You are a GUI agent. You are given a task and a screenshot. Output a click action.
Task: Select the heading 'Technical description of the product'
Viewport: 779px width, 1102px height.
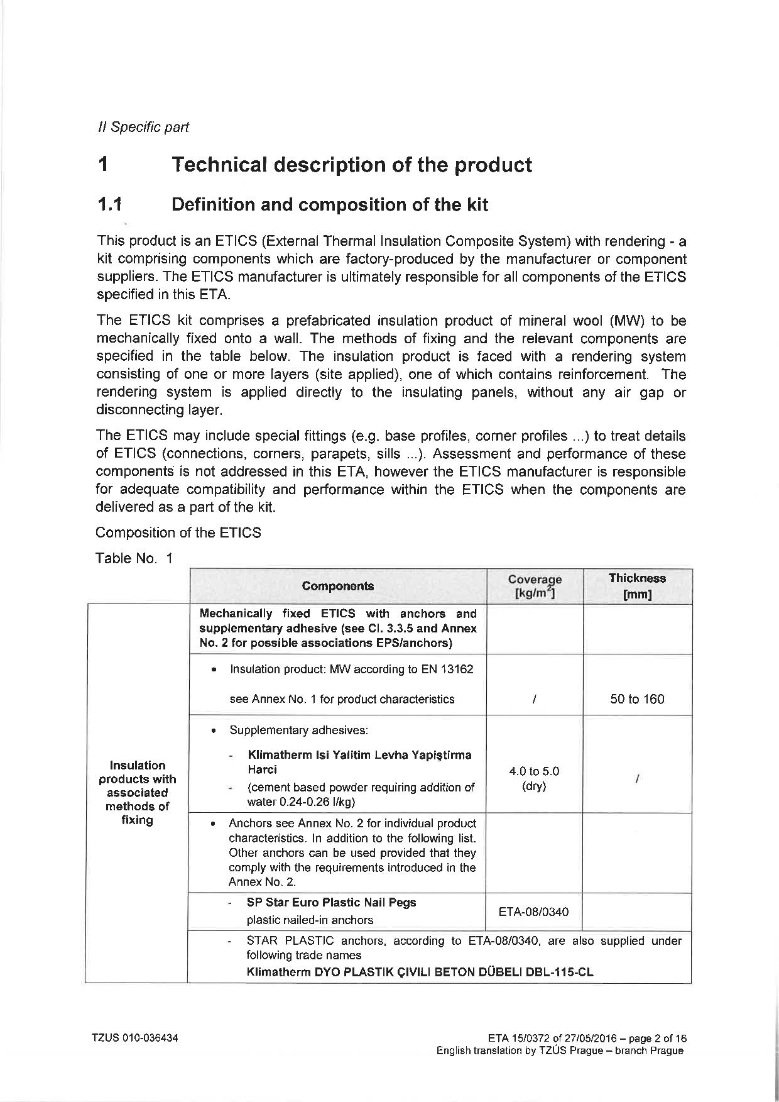(x=351, y=165)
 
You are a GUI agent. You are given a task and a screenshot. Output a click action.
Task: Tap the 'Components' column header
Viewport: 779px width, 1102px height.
(x=337, y=586)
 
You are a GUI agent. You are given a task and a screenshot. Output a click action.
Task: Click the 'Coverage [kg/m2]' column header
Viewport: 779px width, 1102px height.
(x=535, y=586)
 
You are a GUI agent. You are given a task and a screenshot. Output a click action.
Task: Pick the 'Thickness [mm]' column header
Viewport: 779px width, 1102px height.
(x=637, y=586)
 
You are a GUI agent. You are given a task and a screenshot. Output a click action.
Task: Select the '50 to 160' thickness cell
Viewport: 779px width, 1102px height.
(x=637, y=699)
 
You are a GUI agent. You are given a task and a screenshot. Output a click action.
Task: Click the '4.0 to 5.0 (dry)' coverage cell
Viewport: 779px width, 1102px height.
(x=534, y=778)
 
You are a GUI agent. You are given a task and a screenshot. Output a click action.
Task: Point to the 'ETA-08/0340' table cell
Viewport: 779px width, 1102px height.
(x=533, y=912)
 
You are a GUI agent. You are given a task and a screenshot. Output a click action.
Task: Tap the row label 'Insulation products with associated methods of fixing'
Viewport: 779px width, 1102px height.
(x=137, y=792)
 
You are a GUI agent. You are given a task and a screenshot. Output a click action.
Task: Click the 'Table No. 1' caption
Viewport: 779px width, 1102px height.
(x=134, y=558)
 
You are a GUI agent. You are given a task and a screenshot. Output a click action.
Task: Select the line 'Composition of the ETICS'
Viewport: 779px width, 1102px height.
(x=178, y=532)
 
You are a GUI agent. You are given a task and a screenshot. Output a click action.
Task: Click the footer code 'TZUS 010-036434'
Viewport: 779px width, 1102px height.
(x=135, y=1038)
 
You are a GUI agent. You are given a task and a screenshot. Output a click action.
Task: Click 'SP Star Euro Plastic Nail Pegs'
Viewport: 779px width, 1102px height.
(x=331, y=902)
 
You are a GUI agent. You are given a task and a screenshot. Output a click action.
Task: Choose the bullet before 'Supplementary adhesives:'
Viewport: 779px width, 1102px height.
(x=215, y=730)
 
